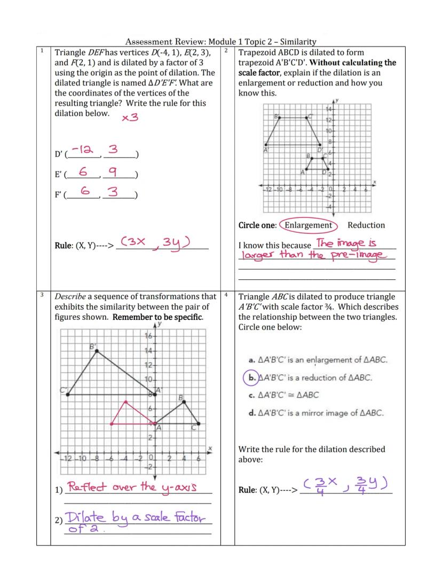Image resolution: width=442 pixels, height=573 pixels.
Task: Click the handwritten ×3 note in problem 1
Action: (130, 117)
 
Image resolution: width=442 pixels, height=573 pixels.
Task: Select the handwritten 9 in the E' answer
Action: (119, 172)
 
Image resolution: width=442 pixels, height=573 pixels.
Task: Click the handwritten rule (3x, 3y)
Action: (155, 243)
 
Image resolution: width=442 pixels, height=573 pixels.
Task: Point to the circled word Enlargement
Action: (308, 225)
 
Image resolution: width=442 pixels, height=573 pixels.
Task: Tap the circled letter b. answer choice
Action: (250, 378)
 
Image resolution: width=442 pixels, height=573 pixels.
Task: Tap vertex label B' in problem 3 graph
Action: (92, 346)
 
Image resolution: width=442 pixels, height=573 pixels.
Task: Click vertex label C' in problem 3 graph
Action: (64, 390)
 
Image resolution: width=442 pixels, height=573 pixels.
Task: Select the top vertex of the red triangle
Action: (125, 401)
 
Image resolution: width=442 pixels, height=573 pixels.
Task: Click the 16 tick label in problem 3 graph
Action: (149, 336)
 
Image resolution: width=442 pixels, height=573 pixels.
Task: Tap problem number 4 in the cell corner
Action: (226, 295)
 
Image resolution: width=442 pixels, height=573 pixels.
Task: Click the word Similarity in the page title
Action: (296, 41)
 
